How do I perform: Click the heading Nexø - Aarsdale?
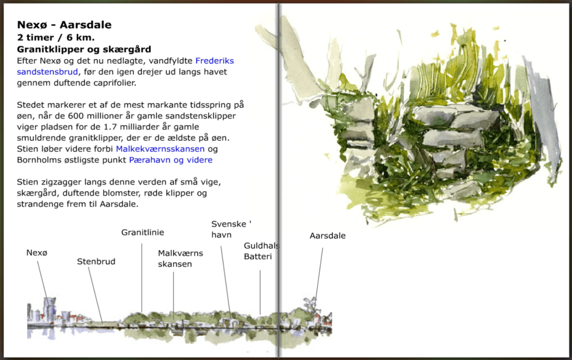tap(64, 25)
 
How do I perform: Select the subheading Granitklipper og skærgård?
tap(84, 49)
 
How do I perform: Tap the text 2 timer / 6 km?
tap(56, 37)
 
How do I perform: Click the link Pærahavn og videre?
tap(171, 160)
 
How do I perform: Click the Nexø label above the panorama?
tap(37, 252)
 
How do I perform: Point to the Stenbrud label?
tap(96, 262)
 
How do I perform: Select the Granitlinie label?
tap(142, 233)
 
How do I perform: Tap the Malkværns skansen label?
tap(180, 258)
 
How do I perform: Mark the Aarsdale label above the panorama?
tap(328, 236)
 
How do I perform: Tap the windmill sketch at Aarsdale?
tap(310, 303)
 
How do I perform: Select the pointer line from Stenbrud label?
tap(95, 293)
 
